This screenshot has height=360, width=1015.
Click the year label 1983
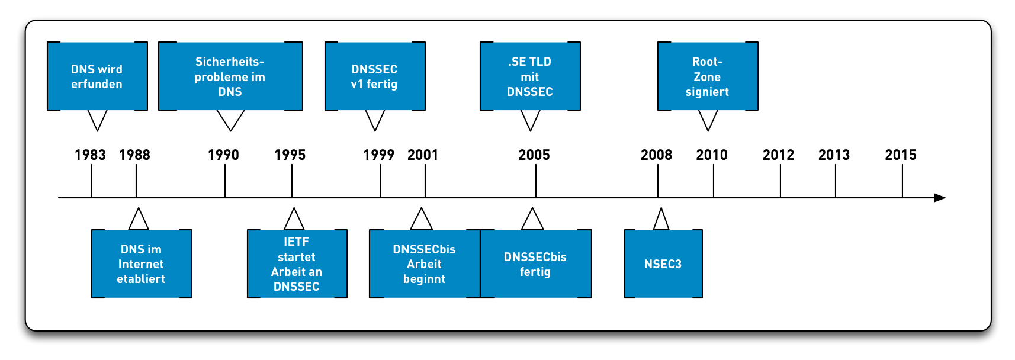coord(90,155)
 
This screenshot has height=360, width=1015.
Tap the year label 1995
coord(290,155)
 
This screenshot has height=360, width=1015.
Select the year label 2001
coord(423,155)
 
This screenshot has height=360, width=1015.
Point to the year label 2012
coord(778,155)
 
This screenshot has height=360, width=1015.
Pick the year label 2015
coord(901,155)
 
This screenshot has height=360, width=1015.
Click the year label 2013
coord(834,155)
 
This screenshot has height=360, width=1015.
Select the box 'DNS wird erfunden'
coord(97,76)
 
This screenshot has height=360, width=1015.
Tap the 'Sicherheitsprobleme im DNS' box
coord(230,76)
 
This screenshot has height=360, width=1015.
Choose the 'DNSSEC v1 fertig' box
coord(375,76)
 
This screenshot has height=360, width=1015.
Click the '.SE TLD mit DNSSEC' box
coord(530,76)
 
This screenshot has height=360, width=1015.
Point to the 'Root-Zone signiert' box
coord(708,76)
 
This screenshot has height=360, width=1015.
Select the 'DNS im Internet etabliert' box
coord(142,264)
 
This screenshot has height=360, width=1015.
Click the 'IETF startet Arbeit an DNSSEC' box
coord(297,264)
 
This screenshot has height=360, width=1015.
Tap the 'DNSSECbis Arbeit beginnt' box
coord(424,264)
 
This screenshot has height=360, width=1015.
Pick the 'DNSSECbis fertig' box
coord(536,264)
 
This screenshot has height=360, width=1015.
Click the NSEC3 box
coord(663,264)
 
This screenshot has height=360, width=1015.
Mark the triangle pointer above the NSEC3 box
coord(661,220)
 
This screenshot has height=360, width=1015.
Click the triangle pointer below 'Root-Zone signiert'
coord(708,120)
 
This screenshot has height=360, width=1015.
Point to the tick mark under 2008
coord(657,181)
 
